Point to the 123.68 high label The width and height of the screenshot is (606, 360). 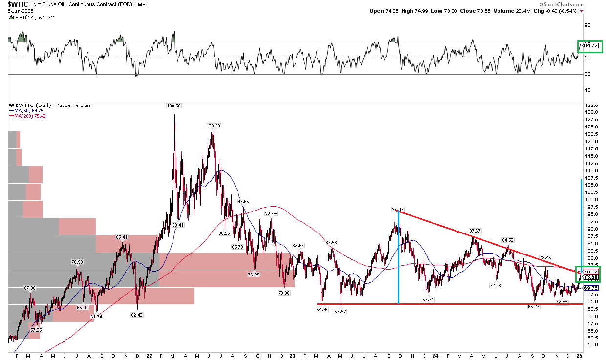tap(214, 126)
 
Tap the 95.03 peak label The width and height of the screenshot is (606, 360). tap(398, 209)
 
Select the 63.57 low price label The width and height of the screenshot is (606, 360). tap(340, 312)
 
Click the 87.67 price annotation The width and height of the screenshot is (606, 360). tap(475, 231)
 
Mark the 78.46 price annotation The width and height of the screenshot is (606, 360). tap(546, 257)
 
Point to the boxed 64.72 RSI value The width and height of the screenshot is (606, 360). tap(590, 46)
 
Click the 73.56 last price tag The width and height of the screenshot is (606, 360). tap(590, 277)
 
